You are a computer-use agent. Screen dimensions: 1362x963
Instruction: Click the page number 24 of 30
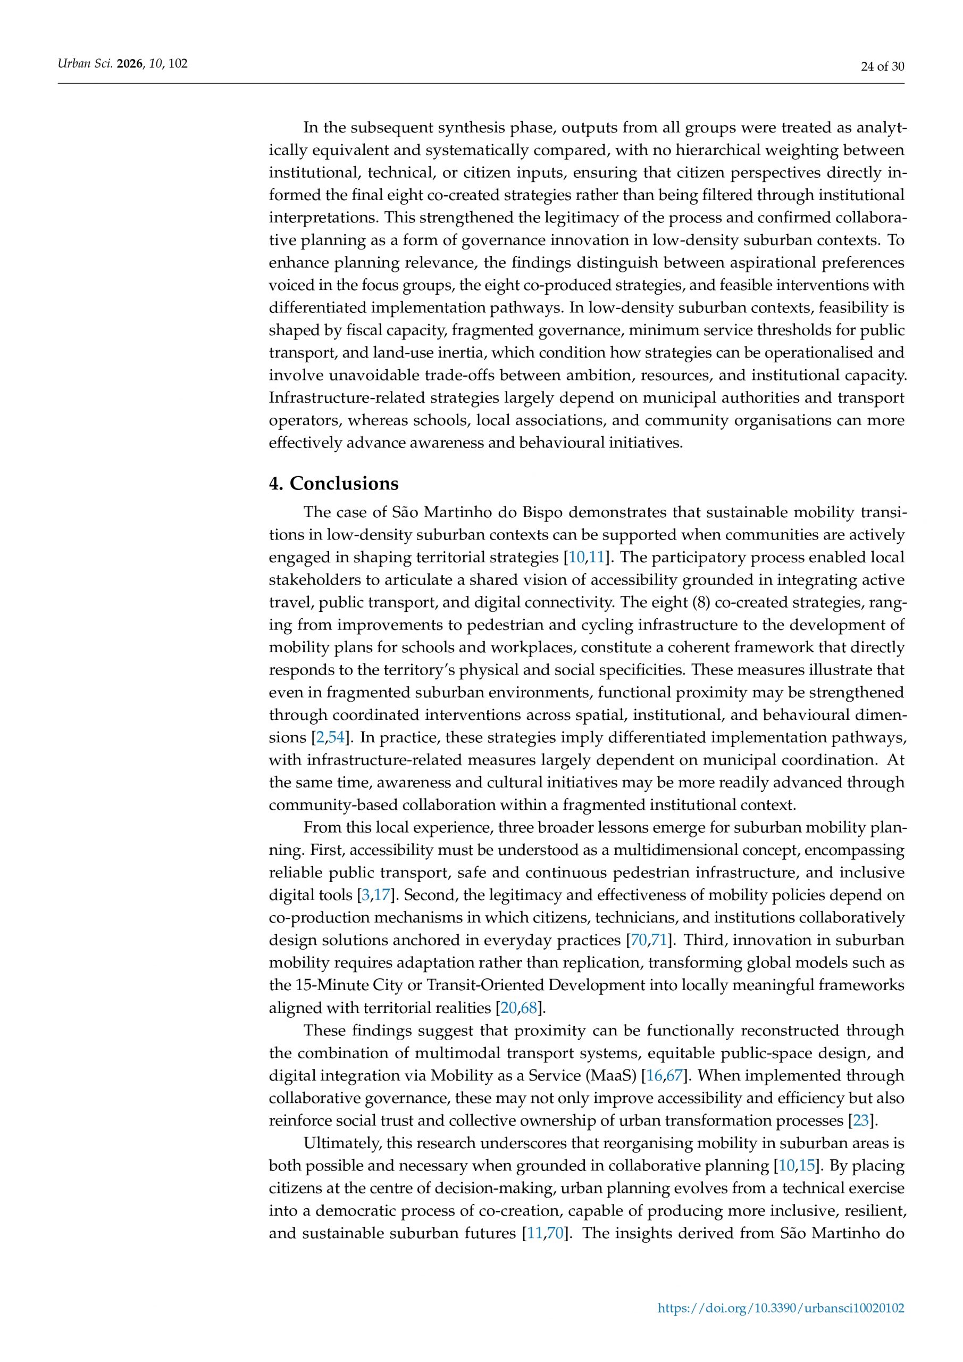tap(882, 67)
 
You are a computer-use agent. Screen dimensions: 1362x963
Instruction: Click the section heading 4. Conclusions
tap(333, 484)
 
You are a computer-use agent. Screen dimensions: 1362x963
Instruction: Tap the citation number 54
tap(336, 737)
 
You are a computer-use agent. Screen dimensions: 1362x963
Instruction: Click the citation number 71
tap(659, 940)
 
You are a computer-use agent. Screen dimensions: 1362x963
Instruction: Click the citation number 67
tap(675, 1075)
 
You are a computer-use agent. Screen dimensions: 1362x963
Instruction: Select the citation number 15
tap(807, 1166)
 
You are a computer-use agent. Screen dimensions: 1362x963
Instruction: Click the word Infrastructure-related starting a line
tap(347, 397)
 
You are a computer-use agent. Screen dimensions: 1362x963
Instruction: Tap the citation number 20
tap(509, 1008)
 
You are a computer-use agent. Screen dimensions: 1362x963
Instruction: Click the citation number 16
tap(654, 1075)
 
